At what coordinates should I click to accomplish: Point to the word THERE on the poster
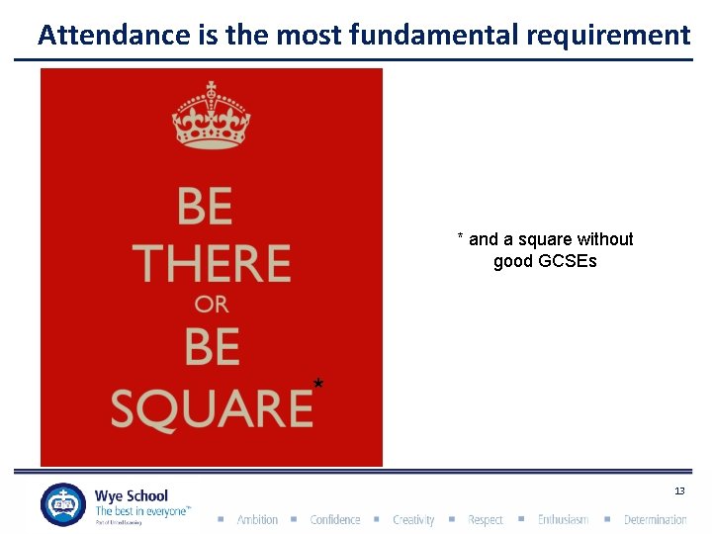[x=211, y=263]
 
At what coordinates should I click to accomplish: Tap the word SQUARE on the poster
[x=211, y=406]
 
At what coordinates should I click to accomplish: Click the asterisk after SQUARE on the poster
[x=318, y=383]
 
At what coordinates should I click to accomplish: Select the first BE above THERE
[x=206, y=208]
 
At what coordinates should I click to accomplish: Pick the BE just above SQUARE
[x=212, y=347]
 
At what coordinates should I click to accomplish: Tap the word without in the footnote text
[x=602, y=239]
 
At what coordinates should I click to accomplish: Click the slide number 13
[x=679, y=491]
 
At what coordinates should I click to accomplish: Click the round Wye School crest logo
[x=63, y=504]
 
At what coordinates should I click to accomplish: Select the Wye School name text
[x=132, y=495]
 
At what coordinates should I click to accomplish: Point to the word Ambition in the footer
[x=257, y=520]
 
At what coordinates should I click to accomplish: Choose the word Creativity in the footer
[x=413, y=520]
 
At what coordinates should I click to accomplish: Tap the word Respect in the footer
[x=485, y=520]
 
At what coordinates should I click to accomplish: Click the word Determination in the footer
[x=655, y=520]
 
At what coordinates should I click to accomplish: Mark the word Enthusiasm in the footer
[x=563, y=520]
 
